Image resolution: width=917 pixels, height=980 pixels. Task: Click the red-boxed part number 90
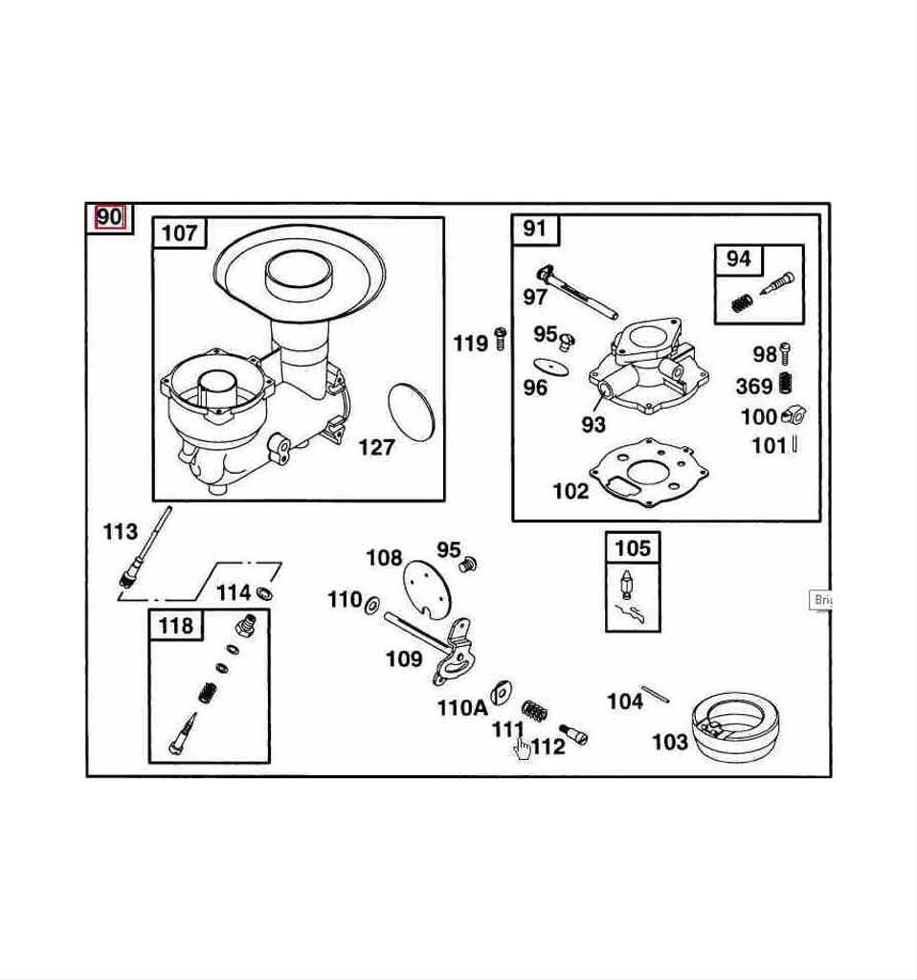[109, 217]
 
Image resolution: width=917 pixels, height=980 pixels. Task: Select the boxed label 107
[179, 233]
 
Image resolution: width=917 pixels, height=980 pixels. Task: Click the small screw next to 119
[500, 338]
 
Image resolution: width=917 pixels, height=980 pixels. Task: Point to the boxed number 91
[535, 229]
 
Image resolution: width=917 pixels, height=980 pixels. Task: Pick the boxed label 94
[738, 258]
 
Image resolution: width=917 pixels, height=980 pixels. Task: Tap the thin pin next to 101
[794, 444]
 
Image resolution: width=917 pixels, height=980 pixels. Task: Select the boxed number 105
[632, 548]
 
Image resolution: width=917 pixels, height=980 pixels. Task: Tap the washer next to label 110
[372, 603]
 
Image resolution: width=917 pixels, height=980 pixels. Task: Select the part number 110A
[462, 708]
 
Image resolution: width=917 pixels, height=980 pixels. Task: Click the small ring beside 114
[265, 594]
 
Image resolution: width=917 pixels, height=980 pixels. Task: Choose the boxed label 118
[175, 626]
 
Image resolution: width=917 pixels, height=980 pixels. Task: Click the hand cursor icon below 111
[522, 747]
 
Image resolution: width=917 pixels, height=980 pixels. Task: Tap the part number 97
[535, 298]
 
